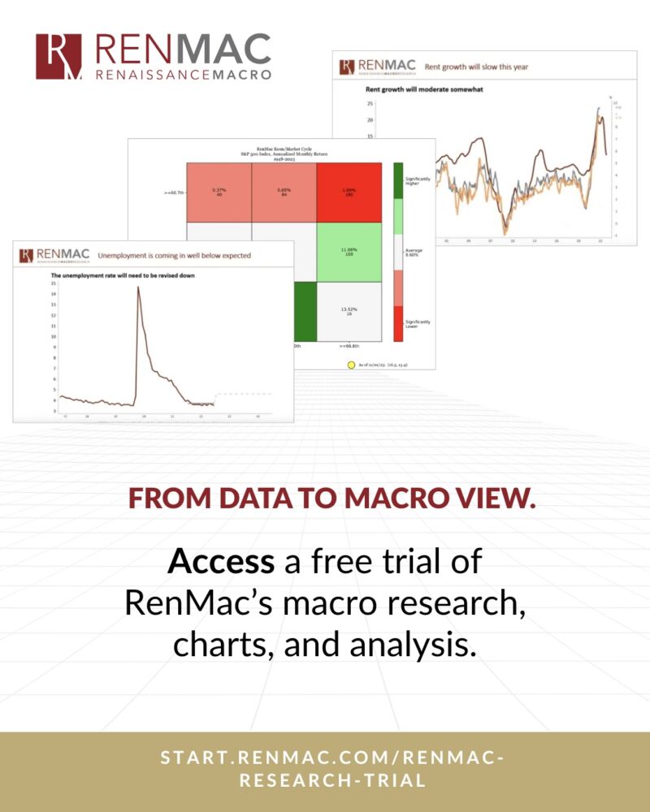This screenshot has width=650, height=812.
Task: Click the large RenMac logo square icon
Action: [58, 56]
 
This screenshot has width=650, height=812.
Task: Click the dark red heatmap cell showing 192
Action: [349, 192]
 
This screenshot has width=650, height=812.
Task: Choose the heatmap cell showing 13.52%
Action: [349, 310]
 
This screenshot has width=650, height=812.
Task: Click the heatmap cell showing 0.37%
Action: [219, 192]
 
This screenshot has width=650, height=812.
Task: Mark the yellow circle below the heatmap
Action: [351, 365]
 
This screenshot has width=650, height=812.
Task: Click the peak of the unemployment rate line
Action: [138, 287]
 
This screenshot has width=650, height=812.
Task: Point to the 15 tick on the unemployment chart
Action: [53, 283]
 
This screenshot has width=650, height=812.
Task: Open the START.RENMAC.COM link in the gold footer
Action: [325, 768]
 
